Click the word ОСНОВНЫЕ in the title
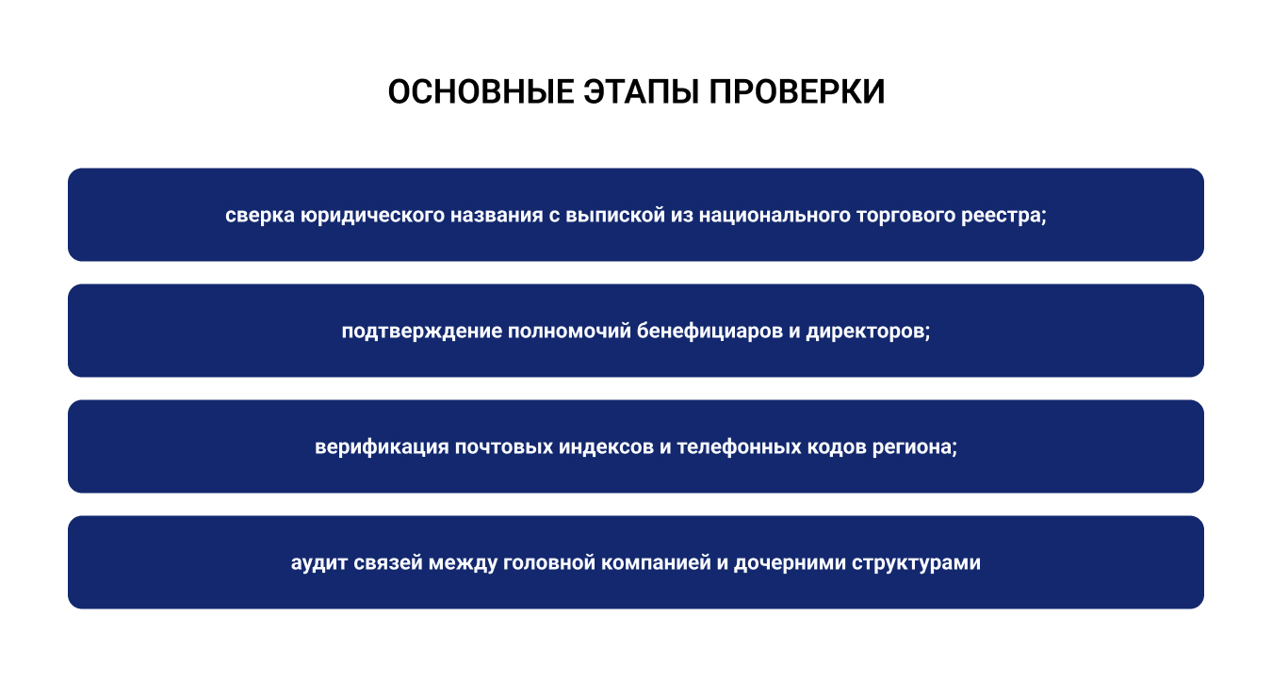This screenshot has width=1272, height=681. tap(481, 92)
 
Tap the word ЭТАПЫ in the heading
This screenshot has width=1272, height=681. tap(641, 92)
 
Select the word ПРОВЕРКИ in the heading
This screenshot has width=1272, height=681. tap(797, 92)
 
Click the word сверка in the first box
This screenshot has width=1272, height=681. tap(260, 216)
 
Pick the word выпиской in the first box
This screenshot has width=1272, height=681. tap(615, 216)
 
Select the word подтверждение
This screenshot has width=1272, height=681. tap(422, 332)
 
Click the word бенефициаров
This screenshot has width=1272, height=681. tap(709, 332)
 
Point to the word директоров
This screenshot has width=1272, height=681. tap(868, 332)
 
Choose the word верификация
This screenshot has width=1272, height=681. tap(383, 447)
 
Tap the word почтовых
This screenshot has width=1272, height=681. tap(504, 447)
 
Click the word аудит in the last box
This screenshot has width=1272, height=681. tap(319, 563)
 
